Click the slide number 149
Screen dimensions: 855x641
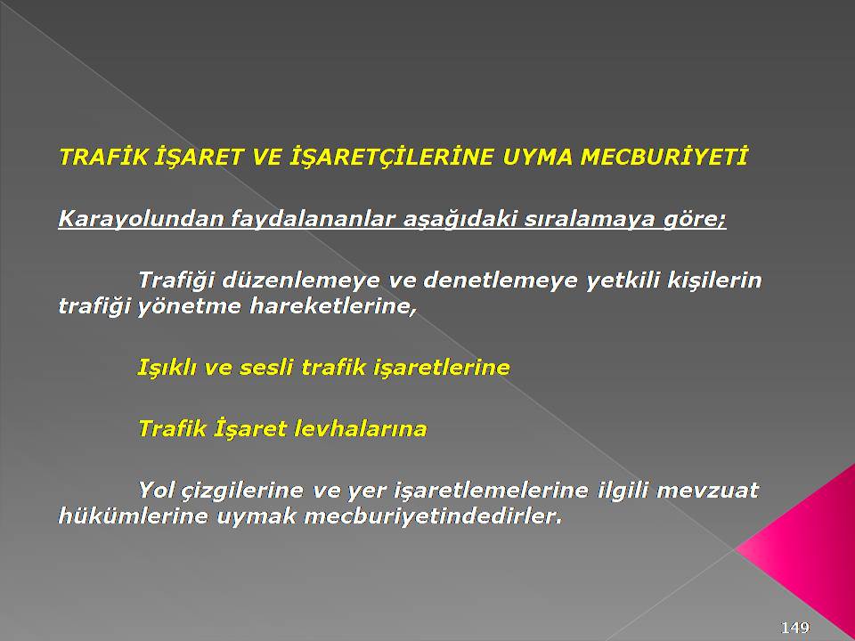coord(795,628)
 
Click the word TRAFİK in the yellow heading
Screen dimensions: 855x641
coord(103,157)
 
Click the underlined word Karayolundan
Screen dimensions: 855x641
coord(140,219)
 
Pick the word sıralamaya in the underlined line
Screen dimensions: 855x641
coord(589,219)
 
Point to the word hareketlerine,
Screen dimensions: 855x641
coord(333,305)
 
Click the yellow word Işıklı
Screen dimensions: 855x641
coord(167,368)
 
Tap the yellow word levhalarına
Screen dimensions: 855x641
coord(360,428)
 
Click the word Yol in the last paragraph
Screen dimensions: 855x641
coord(159,490)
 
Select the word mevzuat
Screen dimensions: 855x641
coord(707,490)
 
